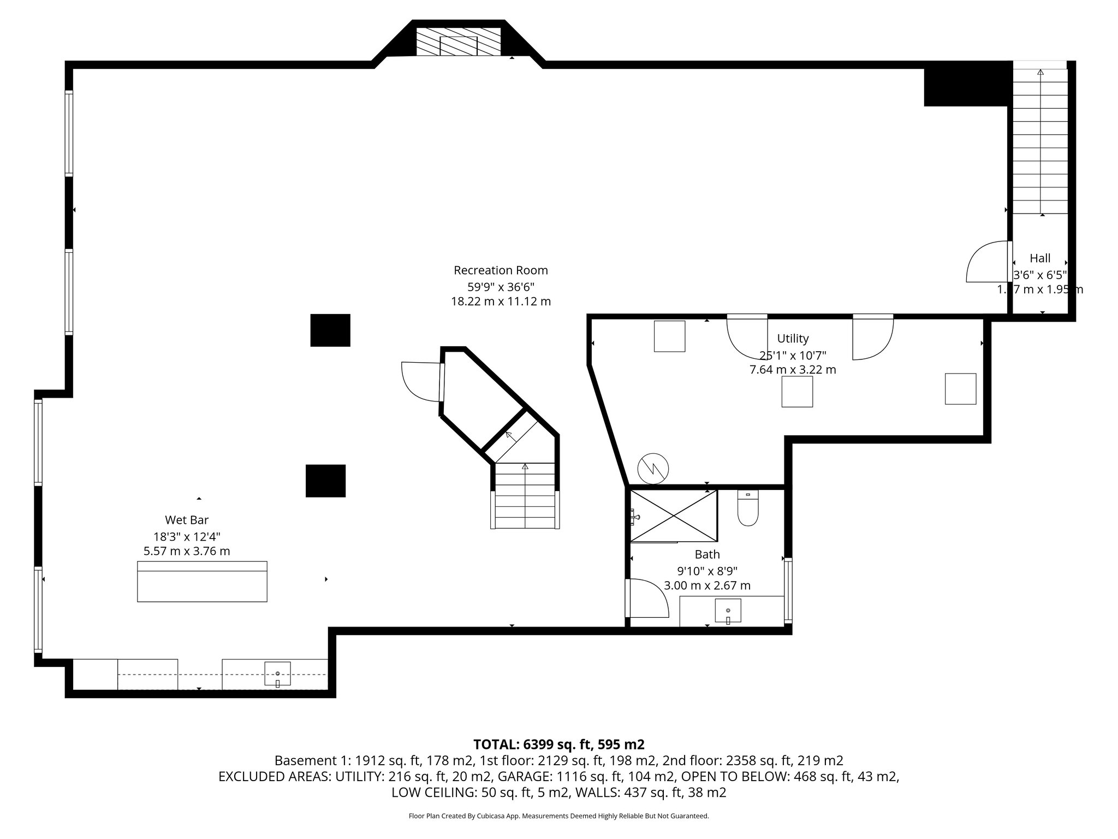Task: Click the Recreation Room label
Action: [501, 270]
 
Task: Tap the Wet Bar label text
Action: [187, 520]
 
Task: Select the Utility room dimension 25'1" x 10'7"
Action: [793, 354]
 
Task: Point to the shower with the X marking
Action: [674, 516]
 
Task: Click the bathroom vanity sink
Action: [728, 611]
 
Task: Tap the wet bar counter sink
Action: [277, 673]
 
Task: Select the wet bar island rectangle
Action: [202, 582]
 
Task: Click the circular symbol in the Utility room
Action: [653, 469]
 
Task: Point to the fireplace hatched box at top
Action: [459, 42]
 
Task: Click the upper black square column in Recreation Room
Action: [330, 330]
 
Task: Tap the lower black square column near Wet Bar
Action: [325, 481]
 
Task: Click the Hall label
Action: [1040, 258]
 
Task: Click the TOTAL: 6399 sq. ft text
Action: [558, 745]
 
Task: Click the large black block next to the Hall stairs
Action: [965, 85]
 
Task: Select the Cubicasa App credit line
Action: [558, 816]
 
